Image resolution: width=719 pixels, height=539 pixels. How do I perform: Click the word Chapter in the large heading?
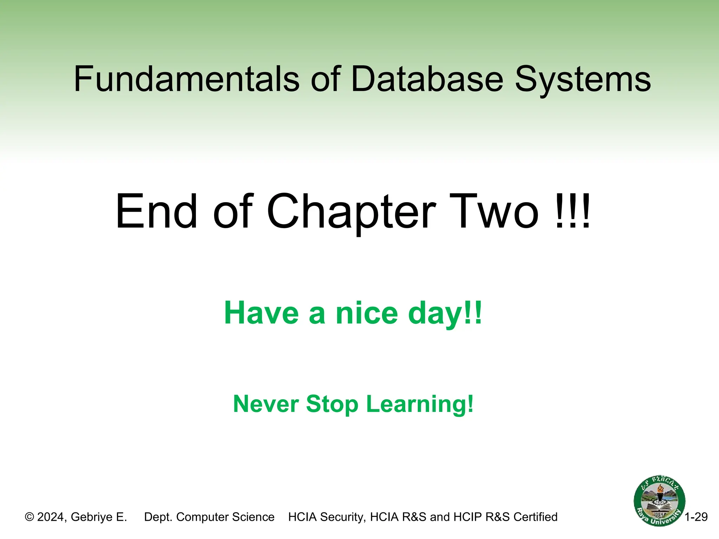click(351, 212)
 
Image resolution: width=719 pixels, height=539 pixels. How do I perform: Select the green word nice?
click(367, 313)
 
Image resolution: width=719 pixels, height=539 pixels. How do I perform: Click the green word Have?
click(262, 313)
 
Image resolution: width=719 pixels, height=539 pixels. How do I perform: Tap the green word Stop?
click(332, 405)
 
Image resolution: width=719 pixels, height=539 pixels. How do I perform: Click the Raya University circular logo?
click(659, 501)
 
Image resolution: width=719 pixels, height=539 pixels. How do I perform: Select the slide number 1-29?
click(696, 517)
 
